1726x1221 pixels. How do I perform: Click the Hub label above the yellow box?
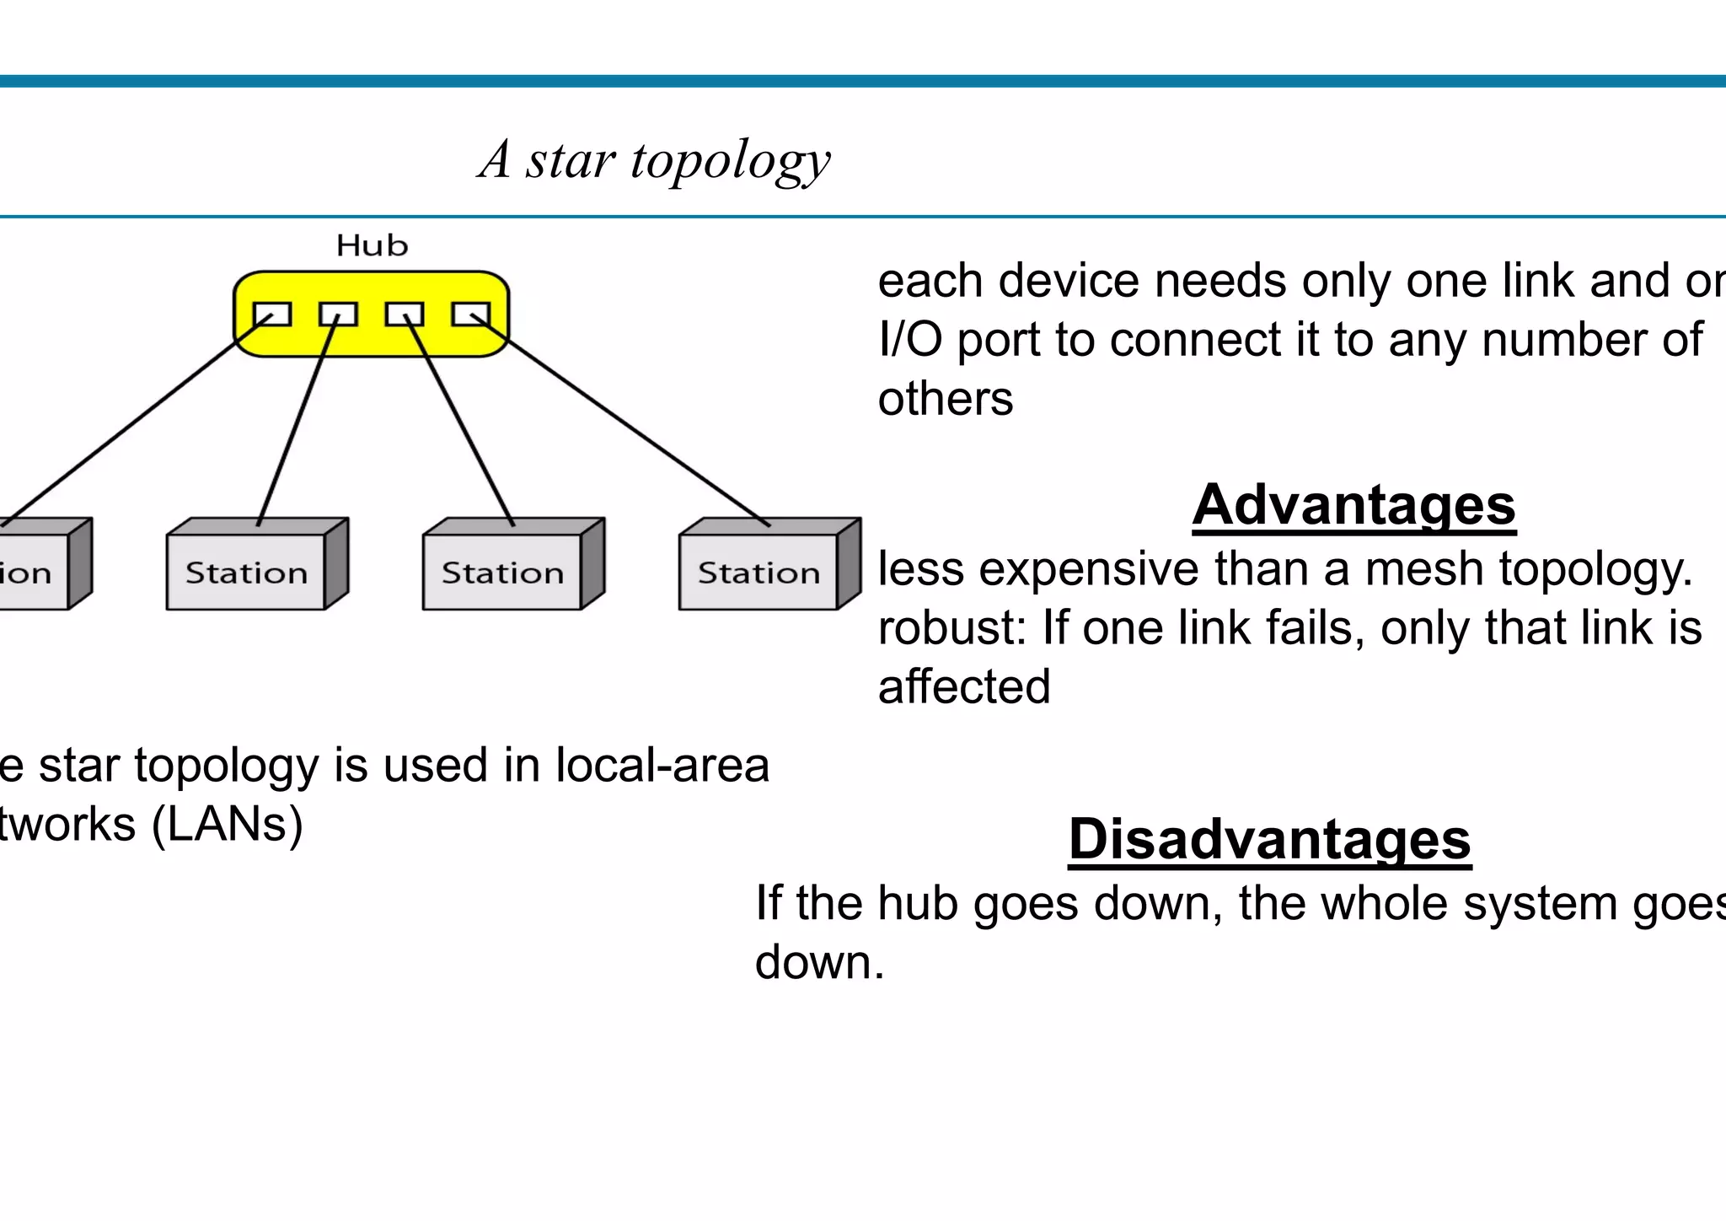coord(372,245)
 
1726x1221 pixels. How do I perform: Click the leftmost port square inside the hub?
coord(272,315)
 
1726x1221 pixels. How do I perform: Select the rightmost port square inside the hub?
coord(471,315)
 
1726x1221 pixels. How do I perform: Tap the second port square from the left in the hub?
coord(338,315)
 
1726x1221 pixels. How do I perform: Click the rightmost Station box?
coord(758,572)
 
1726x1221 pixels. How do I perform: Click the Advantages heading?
coord(1353,504)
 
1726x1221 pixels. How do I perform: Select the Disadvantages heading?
coord(1269,839)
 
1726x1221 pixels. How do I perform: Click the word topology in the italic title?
coord(730,160)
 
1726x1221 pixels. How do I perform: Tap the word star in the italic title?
coord(571,160)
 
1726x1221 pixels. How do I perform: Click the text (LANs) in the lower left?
coord(227,825)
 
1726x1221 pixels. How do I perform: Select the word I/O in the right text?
coord(910,340)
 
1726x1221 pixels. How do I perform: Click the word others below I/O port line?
coord(945,399)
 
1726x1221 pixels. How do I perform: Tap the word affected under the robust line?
coord(964,686)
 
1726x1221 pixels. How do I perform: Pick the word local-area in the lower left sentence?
coord(662,766)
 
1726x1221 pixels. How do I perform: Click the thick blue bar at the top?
coord(863,82)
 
